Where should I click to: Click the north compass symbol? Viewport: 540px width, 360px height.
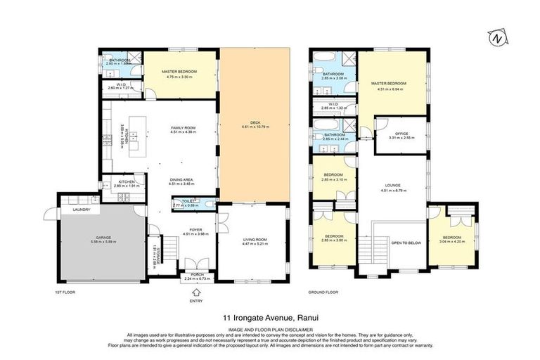point(499,37)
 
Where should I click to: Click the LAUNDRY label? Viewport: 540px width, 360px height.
point(72,210)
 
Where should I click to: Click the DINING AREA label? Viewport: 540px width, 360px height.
point(182,179)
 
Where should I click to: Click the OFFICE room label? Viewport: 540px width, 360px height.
point(401,133)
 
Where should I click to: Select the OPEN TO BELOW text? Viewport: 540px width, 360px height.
point(406,243)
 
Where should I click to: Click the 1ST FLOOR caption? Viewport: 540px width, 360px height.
point(64,291)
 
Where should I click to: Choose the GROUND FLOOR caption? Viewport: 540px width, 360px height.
point(323,291)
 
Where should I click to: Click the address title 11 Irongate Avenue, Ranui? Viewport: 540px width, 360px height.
point(269,318)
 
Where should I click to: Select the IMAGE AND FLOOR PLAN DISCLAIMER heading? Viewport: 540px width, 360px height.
point(269,329)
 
